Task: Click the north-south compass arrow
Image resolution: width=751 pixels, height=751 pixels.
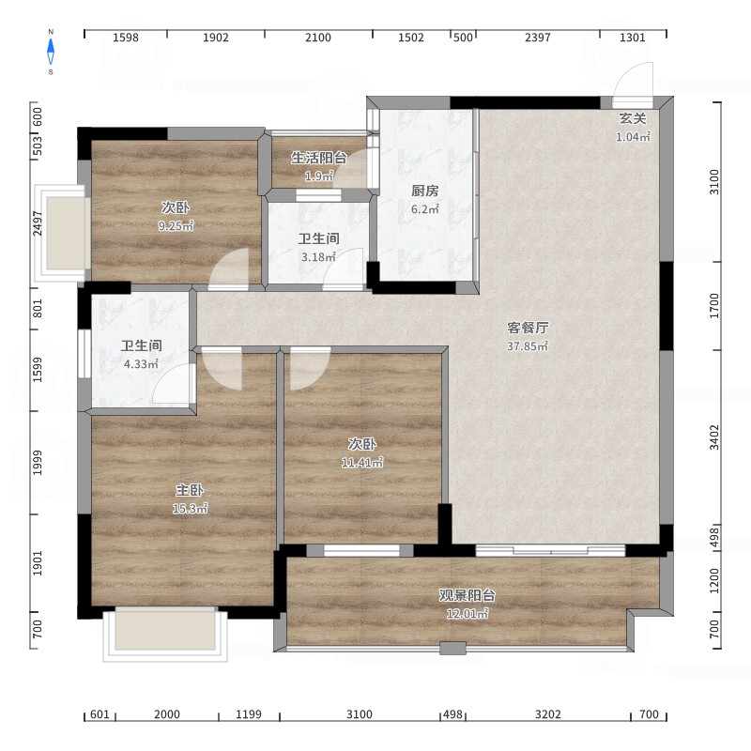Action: (x=51, y=52)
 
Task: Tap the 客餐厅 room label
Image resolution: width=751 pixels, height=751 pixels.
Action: (x=528, y=328)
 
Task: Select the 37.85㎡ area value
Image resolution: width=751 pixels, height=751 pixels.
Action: (x=528, y=345)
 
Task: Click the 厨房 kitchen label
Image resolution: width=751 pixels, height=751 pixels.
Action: (x=425, y=191)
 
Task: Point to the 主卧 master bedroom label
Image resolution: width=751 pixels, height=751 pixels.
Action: (x=190, y=490)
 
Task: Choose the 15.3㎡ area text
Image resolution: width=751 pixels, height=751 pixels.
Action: (x=190, y=509)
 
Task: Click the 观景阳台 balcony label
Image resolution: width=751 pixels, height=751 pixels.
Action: (x=467, y=596)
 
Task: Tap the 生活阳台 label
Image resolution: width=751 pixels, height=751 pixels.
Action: (x=319, y=158)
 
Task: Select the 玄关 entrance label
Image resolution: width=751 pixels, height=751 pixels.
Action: (x=633, y=119)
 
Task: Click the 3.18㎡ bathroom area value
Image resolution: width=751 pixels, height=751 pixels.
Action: (x=318, y=257)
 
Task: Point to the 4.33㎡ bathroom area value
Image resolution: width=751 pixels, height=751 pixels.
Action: (x=142, y=364)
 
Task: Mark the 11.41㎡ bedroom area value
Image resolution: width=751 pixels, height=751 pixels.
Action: (x=362, y=463)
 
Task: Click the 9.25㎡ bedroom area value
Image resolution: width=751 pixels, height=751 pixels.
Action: (x=176, y=225)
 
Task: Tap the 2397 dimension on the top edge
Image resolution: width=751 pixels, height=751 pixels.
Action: (x=537, y=38)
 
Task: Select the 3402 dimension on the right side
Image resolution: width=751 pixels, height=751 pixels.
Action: (x=714, y=437)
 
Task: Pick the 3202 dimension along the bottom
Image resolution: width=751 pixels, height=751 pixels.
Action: (x=547, y=714)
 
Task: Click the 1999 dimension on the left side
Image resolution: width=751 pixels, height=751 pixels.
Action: (x=38, y=463)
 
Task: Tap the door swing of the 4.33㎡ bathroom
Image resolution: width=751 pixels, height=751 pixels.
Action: (x=173, y=383)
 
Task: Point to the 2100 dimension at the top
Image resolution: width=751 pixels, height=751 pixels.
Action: (x=318, y=38)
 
